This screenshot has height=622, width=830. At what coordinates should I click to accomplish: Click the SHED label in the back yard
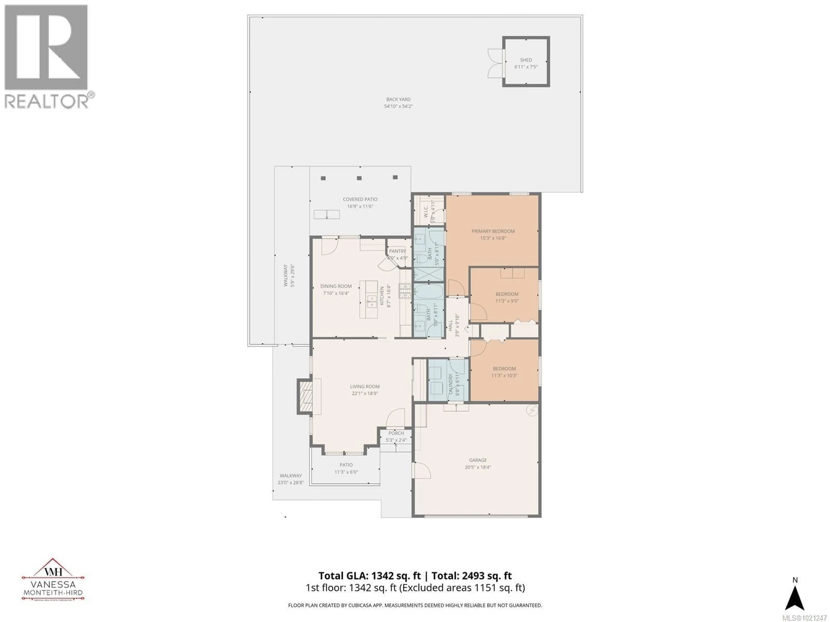tap(526, 60)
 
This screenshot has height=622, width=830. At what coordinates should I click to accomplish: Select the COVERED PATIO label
tap(360, 200)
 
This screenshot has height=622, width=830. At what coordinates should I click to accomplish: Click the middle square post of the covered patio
tap(359, 178)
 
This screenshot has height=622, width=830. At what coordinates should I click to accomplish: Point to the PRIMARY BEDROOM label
tap(493, 231)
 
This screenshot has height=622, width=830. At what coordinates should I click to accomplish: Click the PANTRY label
tap(397, 251)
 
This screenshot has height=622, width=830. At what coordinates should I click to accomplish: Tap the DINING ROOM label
tap(336, 286)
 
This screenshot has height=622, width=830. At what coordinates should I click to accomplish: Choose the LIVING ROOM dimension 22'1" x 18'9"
tap(365, 393)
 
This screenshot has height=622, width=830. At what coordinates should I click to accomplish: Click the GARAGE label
tap(478, 460)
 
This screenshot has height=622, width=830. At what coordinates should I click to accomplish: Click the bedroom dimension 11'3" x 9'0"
tap(507, 301)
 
